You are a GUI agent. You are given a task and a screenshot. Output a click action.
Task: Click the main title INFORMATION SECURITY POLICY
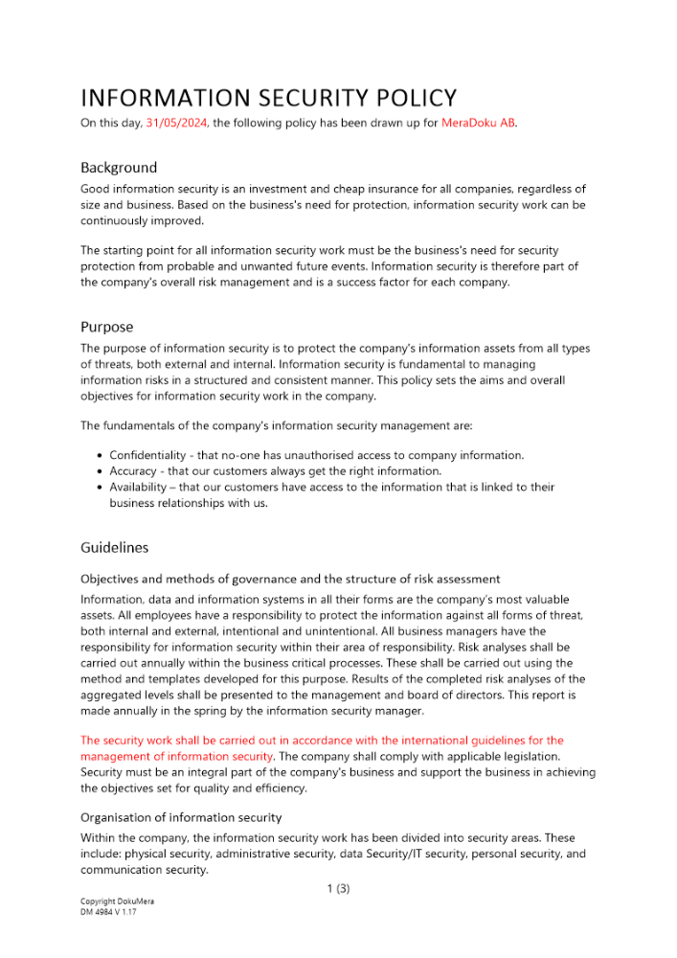[268, 98]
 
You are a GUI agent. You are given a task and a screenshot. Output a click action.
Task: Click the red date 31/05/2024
[177, 123]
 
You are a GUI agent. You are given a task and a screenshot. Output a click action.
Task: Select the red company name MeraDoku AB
[478, 123]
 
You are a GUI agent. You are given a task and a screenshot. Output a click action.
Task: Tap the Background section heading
[119, 168]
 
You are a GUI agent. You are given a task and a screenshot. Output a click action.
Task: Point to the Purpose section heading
[106, 327]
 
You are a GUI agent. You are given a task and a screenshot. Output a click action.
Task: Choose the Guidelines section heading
[114, 548]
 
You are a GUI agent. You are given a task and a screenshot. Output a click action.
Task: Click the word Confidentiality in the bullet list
[150, 456]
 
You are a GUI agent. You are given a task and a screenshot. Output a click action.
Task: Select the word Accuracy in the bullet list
[134, 471]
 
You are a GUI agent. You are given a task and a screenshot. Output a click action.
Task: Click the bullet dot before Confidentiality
[101, 456]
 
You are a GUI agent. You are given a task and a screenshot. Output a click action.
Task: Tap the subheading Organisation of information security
[181, 817]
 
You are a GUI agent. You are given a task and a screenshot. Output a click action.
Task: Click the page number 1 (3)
[338, 888]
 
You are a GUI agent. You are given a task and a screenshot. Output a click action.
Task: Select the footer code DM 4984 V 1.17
[108, 913]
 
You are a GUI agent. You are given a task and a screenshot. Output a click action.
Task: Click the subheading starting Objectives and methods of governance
[290, 579]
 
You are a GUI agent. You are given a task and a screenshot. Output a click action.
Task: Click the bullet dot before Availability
[101, 487]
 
